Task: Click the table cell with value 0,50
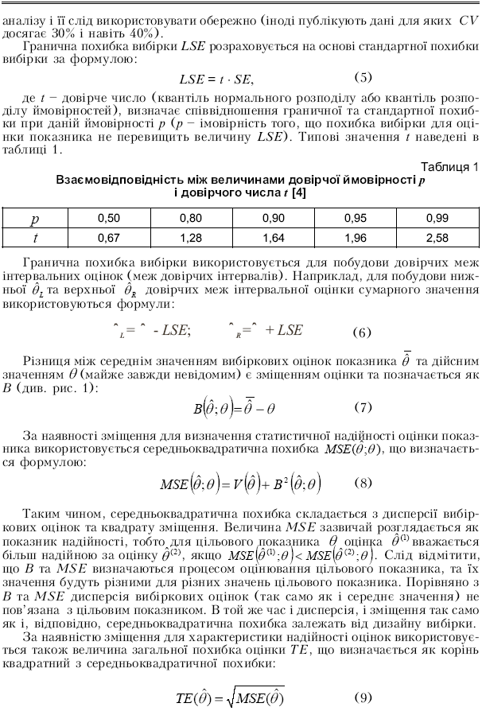[x=108, y=216]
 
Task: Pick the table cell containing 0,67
[x=108, y=236]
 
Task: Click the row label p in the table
[x=34, y=216]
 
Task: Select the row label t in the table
[x=34, y=236]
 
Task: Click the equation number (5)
[x=363, y=77]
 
